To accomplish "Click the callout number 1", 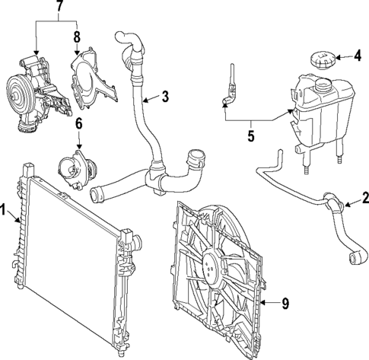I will click(5, 209).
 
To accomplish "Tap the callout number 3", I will click(164, 97).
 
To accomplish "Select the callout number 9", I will click(285, 304).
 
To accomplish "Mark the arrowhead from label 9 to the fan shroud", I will click(262, 304).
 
